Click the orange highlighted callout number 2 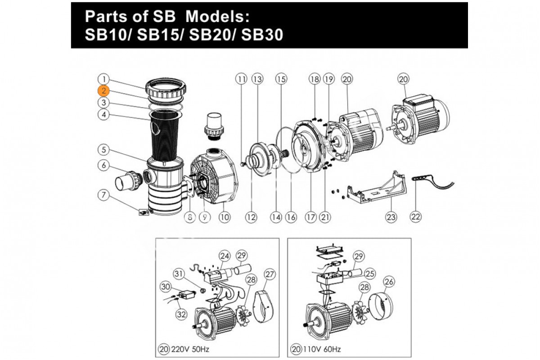coord(104,90)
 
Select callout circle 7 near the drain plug coord(104,195)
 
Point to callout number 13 coord(257,79)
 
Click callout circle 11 coord(242,79)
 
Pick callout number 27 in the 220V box coord(270,274)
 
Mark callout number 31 coord(180,274)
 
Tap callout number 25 coord(369,273)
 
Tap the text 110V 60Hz coord(321,348)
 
